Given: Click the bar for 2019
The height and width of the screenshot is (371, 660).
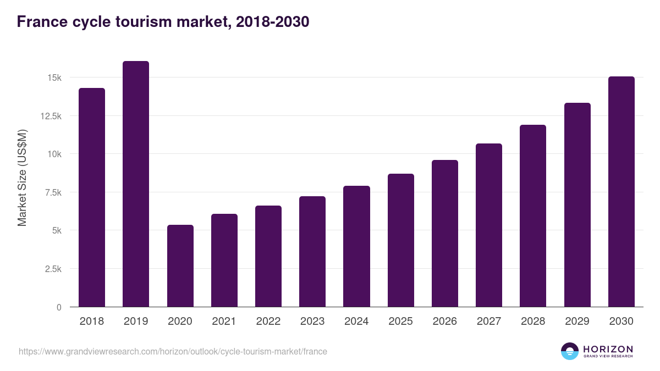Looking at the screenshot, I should pyautogui.click(x=136, y=184).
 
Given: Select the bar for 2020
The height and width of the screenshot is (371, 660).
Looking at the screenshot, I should pyautogui.click(x=180, y=266).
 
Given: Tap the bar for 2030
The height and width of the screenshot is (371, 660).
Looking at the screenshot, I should pyautogui.click(x=621, y=192).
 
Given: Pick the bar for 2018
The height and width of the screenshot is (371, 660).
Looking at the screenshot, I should pyautogui.click(x=92, y=197).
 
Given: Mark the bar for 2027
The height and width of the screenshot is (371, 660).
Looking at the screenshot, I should pyautogui.click(x=489, y=225).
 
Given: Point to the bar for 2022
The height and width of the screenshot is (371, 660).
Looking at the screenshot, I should pyautogui.click(x=268, y=256).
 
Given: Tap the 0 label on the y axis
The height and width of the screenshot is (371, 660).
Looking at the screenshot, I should pyautogui.click(x=58, y=307).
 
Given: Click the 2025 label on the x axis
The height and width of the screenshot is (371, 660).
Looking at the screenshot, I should pyautogui.click(x=400, y=322).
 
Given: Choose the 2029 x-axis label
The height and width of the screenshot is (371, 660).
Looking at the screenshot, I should pyautogui.click(x=577, y=322).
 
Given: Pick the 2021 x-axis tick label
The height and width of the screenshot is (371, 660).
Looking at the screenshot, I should pyautogui.click(x=224, y=322).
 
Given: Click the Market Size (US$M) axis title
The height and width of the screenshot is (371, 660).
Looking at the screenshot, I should pyautogui.click(x=22, y=177).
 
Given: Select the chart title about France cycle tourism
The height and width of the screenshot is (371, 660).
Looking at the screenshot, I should pyautogui.click(x=163, y=22).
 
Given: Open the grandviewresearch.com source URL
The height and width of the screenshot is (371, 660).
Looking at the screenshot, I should pyautogui.click(x=173, y=351).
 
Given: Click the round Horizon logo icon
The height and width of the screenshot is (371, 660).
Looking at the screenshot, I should pyautogui.click(x=569, y=351).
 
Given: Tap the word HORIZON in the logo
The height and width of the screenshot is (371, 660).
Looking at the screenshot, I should pyautogui.click(x=608, y=348).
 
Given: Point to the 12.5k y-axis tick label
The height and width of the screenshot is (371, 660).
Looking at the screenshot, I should pyautogui.click(x=50, y=116).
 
